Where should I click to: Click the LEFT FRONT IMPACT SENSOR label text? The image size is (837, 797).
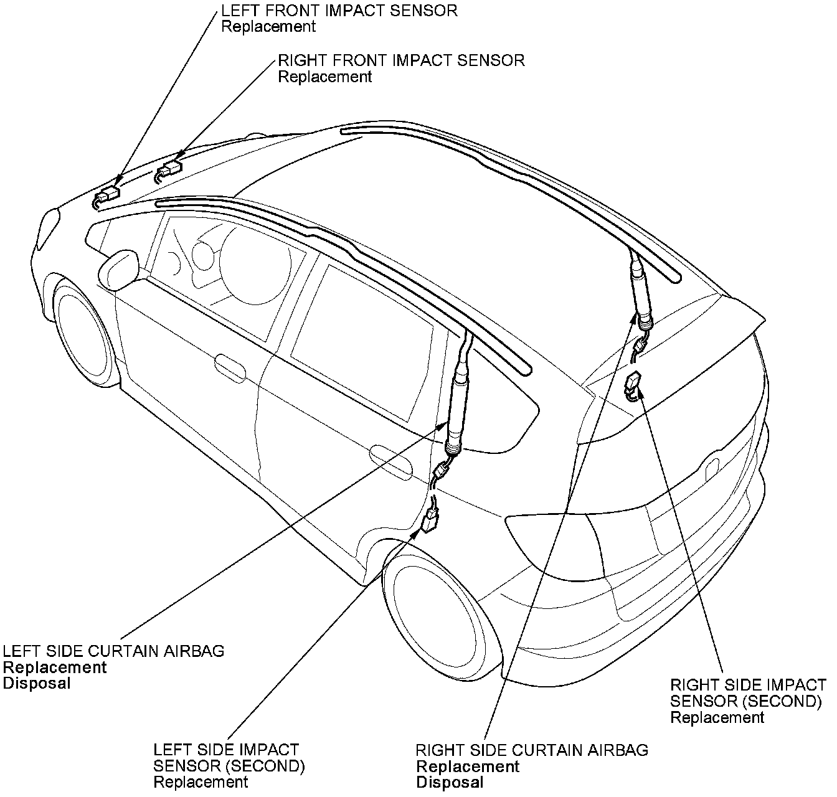(x=339, y=11)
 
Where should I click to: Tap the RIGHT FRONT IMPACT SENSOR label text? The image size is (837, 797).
(x=401, y=60)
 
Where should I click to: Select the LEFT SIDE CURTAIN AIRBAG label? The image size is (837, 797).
(x=114, y=651)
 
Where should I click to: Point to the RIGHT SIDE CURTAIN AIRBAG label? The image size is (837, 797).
(x=532, y=750)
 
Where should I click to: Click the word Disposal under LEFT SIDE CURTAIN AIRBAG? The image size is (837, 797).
(x=37, y=684)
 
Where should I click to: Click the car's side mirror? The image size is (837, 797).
(x=119, y=269)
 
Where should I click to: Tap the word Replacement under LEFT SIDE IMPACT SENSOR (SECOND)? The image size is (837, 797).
(x=201, y=782)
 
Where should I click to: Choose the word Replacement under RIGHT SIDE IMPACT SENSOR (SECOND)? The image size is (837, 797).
(x=717, y=717)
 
